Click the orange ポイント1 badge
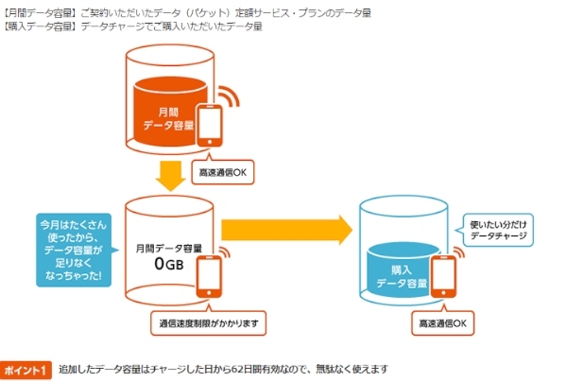(26, 369)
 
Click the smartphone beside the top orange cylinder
(211, 125)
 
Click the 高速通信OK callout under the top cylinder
(221, 173)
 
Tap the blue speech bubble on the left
(73, 248)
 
